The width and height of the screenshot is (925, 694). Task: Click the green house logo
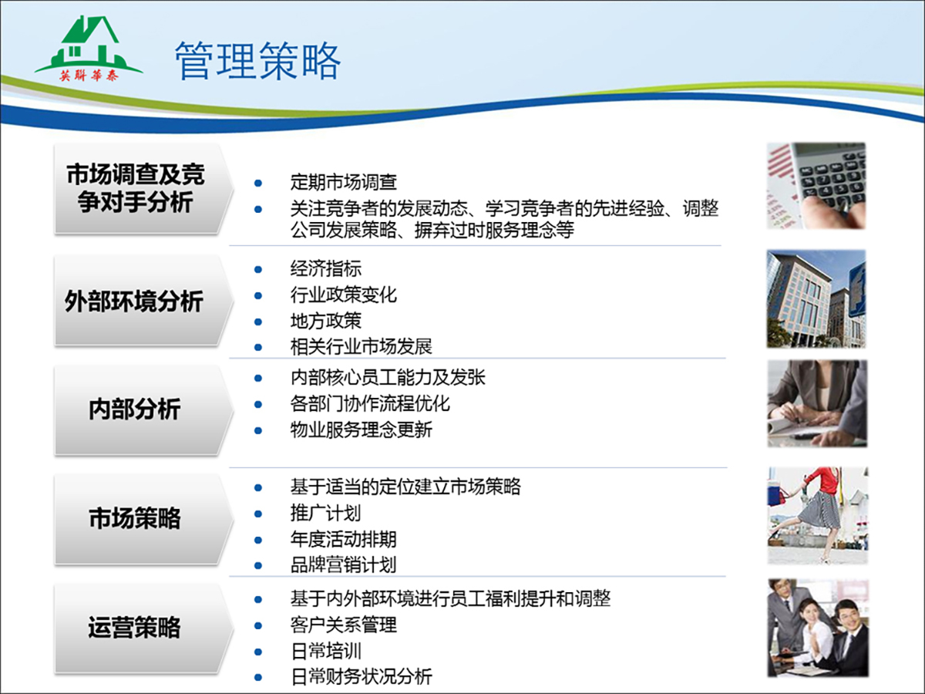tap(89, 48)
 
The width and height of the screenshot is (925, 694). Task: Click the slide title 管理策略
tap(257, 61)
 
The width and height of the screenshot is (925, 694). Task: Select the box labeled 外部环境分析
tap(143, 301)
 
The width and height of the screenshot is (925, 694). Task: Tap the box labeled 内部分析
tap(143, 409)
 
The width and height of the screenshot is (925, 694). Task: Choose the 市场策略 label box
tap(143, 518)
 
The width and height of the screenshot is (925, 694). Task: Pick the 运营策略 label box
tap(143, 628)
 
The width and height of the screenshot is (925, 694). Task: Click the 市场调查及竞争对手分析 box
tap(143, 188)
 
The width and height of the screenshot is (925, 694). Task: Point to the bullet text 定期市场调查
tap(344, 183)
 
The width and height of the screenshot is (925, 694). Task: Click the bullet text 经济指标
tap(326, 269)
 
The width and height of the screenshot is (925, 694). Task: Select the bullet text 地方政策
tap(326, 321)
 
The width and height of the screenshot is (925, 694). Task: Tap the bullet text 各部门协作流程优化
tap(370, 403)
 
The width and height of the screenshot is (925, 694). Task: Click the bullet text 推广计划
tap(326, 514)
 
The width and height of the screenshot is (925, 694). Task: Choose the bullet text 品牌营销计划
tap(344, 565)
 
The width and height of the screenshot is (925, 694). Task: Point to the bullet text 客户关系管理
tap(344, 625)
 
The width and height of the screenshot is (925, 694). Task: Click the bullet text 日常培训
tap(326, 651)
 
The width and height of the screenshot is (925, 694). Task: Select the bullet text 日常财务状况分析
tap(362, 677)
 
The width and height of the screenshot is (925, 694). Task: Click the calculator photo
tap(816, 186)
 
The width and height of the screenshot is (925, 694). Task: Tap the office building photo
tap(816, 298)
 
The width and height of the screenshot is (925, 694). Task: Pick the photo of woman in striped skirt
tap(818, 515)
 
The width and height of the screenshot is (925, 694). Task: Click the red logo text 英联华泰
tap(89, 76)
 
